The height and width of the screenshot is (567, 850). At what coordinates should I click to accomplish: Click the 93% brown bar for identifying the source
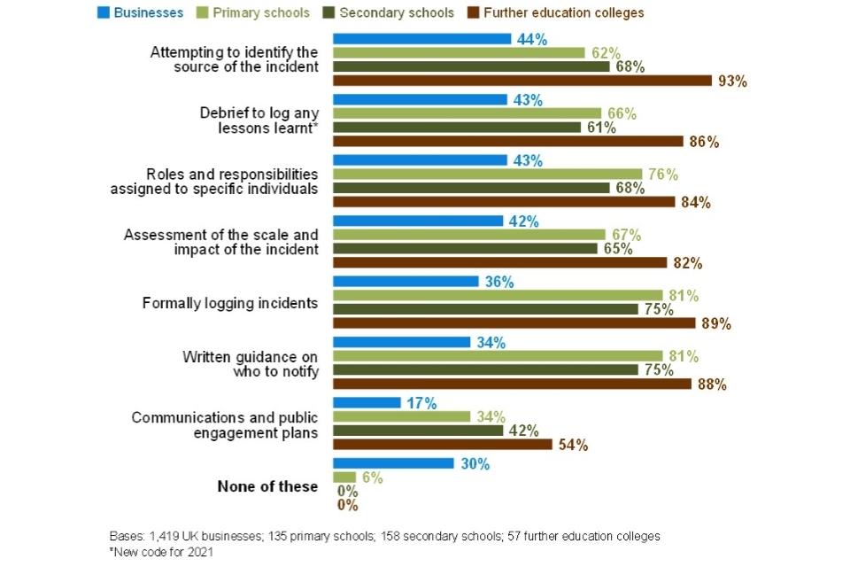[522, 81]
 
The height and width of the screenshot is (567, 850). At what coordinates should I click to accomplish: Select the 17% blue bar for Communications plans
[367, 403]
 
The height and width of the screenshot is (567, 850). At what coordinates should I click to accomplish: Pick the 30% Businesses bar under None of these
[393, 464]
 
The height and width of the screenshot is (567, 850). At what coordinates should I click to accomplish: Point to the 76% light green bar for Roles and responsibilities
[487, 175]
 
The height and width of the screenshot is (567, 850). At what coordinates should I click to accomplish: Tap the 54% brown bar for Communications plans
[442, 445]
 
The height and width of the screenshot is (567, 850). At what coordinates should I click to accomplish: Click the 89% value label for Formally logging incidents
[716, 323]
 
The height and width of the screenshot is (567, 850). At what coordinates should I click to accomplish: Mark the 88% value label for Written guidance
[712, 384]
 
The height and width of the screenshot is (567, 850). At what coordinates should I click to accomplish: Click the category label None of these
[267, 486]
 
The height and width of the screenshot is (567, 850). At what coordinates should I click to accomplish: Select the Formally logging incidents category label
[229, 303]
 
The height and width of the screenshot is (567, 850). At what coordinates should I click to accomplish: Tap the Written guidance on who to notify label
[250, 363]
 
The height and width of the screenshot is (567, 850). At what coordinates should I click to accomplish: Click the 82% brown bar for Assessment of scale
[499, 262]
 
